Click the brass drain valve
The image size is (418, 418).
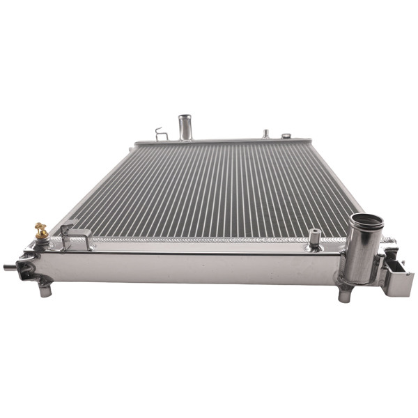[42, 231]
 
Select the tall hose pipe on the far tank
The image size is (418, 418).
[185, 127]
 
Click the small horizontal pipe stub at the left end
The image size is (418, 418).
[10, 266]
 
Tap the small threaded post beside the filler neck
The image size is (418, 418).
[314, 238]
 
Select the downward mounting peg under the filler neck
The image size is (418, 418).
[343, 294]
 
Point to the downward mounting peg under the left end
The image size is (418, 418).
[45, 288]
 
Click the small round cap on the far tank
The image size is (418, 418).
[286, 135]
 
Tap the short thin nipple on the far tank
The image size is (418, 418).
[265, 132]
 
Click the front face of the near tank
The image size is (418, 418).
[195, 268]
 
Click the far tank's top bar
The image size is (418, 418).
[223, 141]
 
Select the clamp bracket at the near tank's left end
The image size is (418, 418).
[28, 265]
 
